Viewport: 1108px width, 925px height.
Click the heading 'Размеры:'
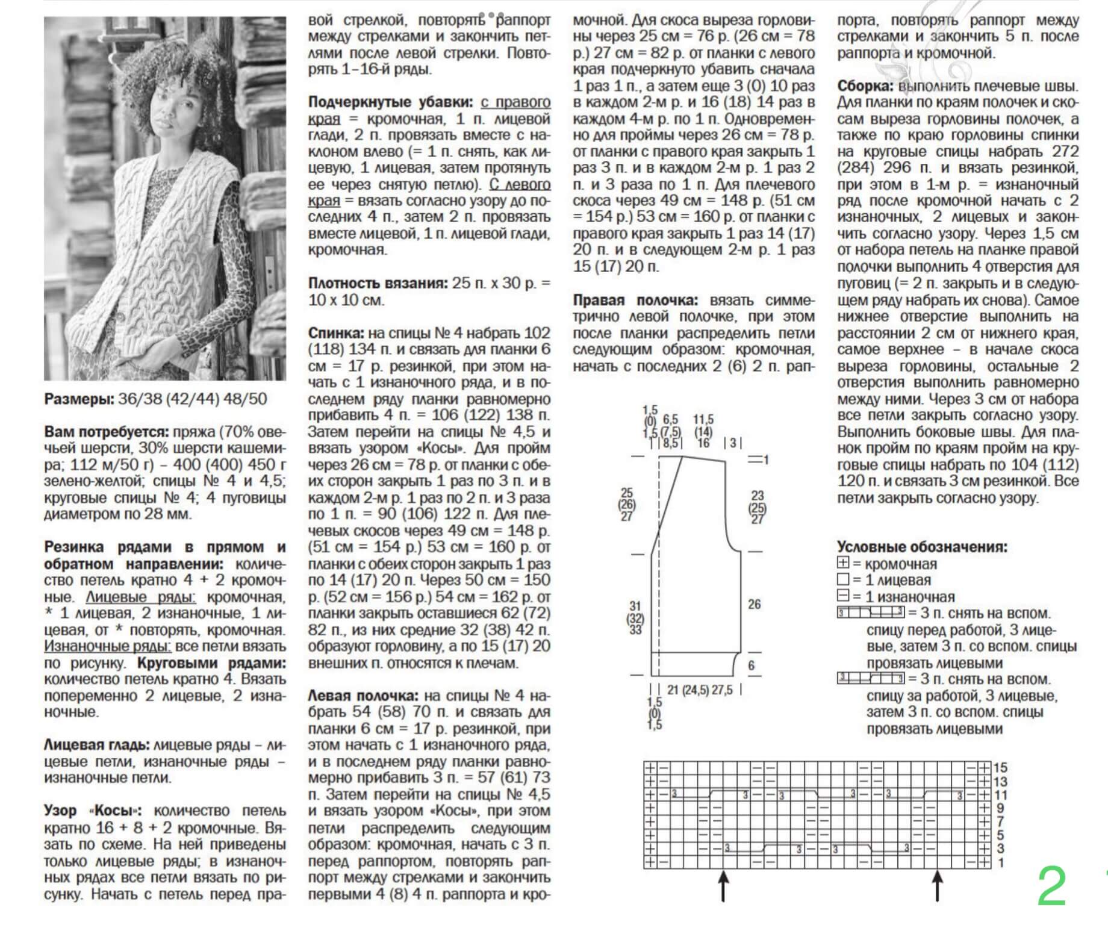(x=78, y=399)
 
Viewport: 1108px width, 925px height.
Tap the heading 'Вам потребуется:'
(x=106, y=432)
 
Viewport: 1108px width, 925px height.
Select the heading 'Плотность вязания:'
(x=378, y=283)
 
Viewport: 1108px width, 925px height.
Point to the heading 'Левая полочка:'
(x=363, y=696)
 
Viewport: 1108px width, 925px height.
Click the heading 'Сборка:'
(x=865, y=86)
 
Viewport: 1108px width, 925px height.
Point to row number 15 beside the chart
(x=1000, y=767)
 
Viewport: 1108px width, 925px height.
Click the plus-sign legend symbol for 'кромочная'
(x=843, y=563)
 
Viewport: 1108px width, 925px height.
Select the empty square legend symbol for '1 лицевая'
(x=843, y=579)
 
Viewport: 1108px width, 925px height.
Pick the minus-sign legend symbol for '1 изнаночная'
(x=843, y=596)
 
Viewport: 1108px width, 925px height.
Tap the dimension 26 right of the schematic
(x=755, y=604)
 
